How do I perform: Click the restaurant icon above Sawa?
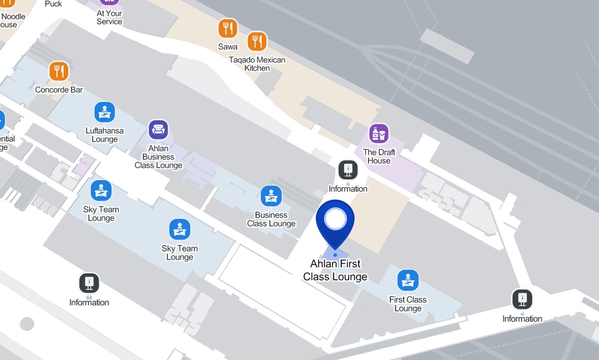[227, 29]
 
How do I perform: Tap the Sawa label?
[228, 46]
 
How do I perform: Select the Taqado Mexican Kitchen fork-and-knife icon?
[257, 42]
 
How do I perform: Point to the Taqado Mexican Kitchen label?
[257, 64]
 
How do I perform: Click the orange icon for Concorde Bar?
[59, 71]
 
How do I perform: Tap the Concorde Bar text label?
[59, 90]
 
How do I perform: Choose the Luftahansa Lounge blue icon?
[105, 112]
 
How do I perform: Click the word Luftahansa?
[105, 131]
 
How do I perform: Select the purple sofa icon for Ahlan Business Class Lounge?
[158, 129]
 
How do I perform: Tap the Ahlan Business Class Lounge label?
[158, 157]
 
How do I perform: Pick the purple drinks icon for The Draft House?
[379, 134]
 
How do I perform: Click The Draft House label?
[379, 156]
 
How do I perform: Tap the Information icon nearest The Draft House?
[348, 170]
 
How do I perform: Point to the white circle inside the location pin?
[335, 219]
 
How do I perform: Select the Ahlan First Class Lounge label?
[335, 270]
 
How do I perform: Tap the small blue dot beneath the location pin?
[335, 255]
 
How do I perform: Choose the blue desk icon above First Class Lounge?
[408, 280]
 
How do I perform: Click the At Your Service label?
[109, 17]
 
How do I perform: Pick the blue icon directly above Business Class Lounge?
[271, 196]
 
